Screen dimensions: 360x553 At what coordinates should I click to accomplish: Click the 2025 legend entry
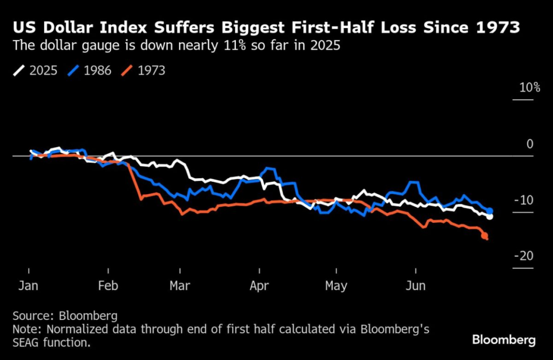[36, 71]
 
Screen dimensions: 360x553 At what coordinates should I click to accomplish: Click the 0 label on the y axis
[530, 144]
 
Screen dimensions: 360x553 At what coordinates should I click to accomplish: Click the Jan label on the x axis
[28, 285]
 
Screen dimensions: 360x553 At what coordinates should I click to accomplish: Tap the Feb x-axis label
[108, 285]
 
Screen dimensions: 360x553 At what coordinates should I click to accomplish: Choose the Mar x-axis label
[180, 285]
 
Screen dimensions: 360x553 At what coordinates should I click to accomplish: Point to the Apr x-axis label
[260, 285]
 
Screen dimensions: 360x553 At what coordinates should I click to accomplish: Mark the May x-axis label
[336, 285]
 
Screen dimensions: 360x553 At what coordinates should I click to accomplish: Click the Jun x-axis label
[416, 285]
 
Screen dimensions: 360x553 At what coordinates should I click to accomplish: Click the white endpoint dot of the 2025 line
[490, 216]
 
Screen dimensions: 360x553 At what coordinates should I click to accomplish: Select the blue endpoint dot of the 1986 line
[490, 210]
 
